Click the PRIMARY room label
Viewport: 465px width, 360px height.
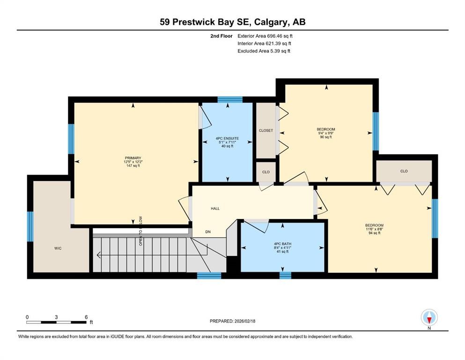pyautogui.click(x=133, y=158)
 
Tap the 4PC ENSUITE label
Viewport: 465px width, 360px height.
pyautogui.click(x=227, y=138)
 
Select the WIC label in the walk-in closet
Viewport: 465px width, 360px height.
pyautogui.click(x=58, y=248)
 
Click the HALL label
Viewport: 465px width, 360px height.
pyautogui.click(x=215, y=209)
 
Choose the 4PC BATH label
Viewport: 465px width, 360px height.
pyautogui.click(x=283, y=243)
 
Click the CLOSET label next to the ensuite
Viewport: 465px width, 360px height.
pyautogui.click(x=266, y=130)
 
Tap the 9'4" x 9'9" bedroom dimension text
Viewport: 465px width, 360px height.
pyautogui.click(x=326, y=133)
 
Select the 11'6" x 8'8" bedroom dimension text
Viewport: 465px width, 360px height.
pyautogui.click(x=374, y=229)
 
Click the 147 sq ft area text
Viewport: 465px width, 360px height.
pyautogui.click(x=133, y=166)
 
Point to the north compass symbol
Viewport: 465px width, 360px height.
pyautogui.click(x=429, y=318)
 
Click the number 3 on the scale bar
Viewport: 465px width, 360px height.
pyautogui.click(x=56, y=317)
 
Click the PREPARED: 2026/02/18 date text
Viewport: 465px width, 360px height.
pyautogui.click(x=233, y=321)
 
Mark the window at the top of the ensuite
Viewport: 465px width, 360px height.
pyautogui.click(x=230, y=99)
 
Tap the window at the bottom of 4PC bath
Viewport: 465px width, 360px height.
pyautogui.click(x=285, y=275)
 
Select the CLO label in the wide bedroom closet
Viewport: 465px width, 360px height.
pyautogui.click(x=404, y=171)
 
